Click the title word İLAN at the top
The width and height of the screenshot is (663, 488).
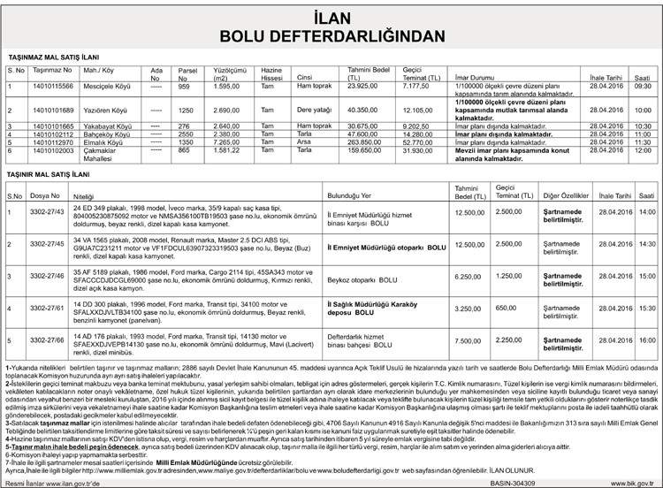click(331, 18)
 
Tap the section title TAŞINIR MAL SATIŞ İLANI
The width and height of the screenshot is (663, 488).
click(45, 178)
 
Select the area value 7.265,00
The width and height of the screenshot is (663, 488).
click(229, 141)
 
